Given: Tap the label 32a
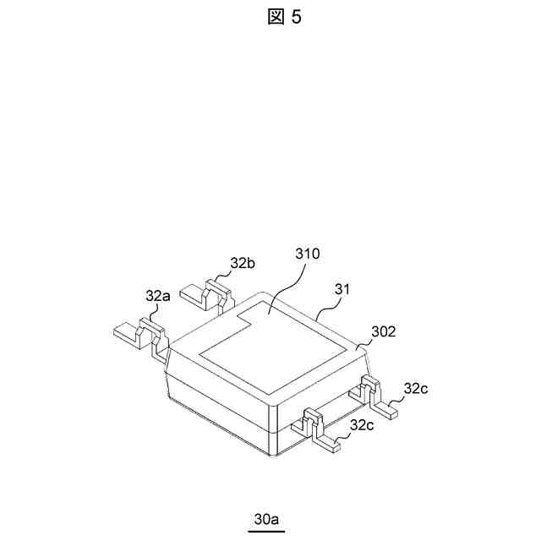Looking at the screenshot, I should click(x=157, y=296).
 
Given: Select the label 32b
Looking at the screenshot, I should click(x=243, y=262).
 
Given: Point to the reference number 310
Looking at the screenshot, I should click(x=308, y=254).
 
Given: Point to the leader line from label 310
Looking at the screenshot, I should click(x=287, y=292).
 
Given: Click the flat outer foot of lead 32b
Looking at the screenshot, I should click(x=193, y=297).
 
